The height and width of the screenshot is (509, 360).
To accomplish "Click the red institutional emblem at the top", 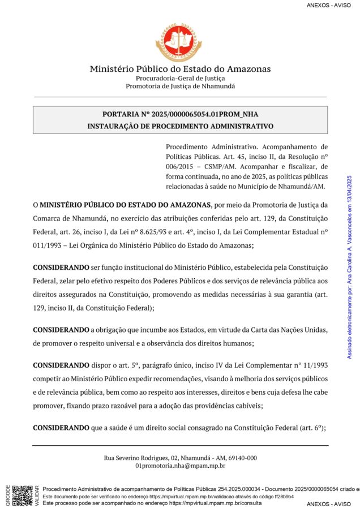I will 179,42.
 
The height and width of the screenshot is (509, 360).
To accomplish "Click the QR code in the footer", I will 23,494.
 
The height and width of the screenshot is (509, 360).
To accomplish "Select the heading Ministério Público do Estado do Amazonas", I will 180,69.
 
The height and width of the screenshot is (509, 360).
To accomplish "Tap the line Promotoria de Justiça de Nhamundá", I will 180,86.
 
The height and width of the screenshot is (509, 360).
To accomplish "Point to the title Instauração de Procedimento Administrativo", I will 180,126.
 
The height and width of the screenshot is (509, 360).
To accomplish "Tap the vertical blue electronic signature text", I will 349,259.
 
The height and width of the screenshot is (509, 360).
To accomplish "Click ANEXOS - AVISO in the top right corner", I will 329,5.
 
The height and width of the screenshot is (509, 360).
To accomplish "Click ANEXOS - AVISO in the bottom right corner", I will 329,504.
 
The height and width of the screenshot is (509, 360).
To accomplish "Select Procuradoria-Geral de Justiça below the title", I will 180,78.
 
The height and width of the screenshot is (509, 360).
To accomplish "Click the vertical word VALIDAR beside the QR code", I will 37,495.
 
